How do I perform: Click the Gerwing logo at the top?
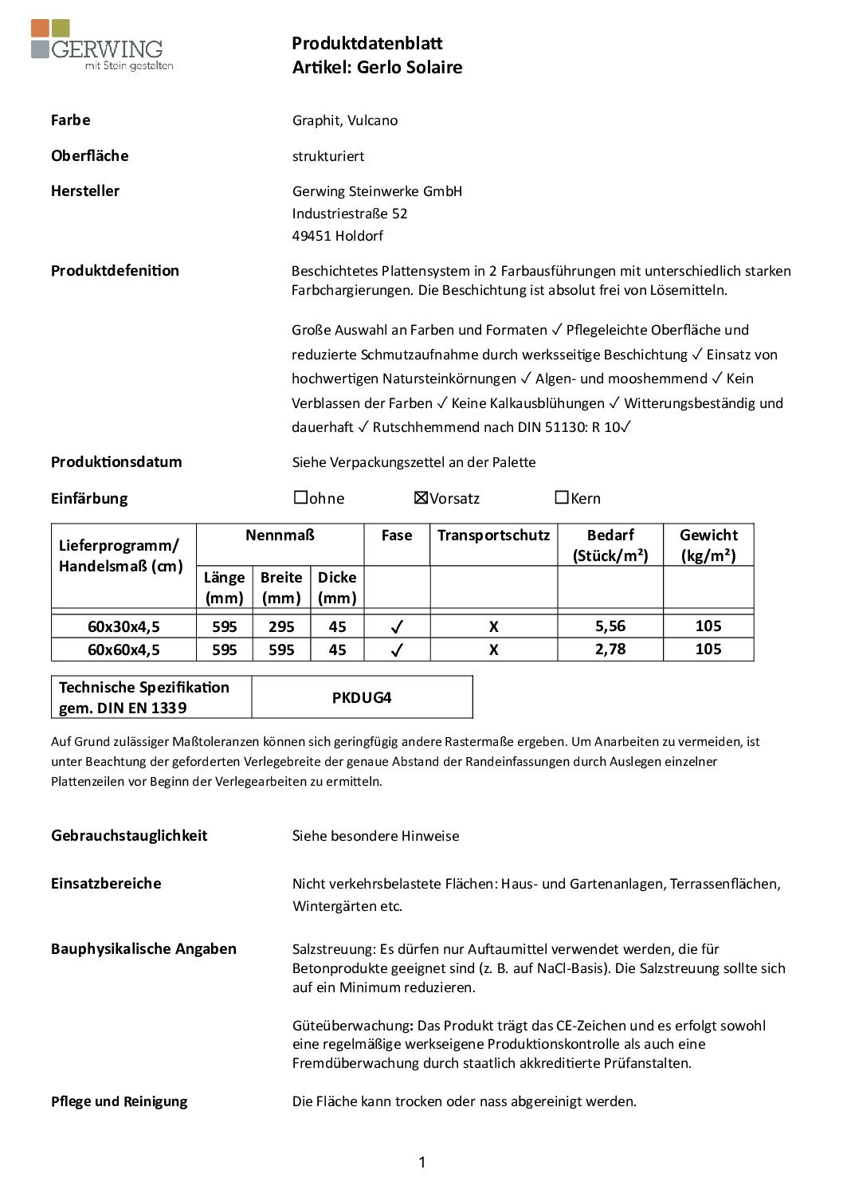[x=101, y=45]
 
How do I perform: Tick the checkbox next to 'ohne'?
[x=300, y=497]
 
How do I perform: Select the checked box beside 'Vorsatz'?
[x=421, y=497]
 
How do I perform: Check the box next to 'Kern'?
[x=562, y=497]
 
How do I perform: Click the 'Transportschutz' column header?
[x=493, y=536]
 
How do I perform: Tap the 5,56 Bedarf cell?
[x=610, y=626]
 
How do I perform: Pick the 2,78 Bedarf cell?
[x=610, y=649]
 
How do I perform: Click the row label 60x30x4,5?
[x=124, y=627]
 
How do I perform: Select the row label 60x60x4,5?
[x=124, y=650]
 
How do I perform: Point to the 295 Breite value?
[x=281, y=627]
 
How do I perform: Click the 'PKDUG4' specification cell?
[x=362, y=698]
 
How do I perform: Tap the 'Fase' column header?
[x=397, y=536]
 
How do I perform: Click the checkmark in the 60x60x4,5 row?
[x=397, y=650]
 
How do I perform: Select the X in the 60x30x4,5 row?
[x=494, y=627]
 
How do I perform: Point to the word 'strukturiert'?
[x=328, y=156]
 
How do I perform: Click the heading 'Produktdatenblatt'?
[x=367, y=44]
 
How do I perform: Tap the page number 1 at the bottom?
[x=421, y=1163]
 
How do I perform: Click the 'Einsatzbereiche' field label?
[x=106, y=884]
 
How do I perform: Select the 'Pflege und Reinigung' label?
[x=120, y=1101]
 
